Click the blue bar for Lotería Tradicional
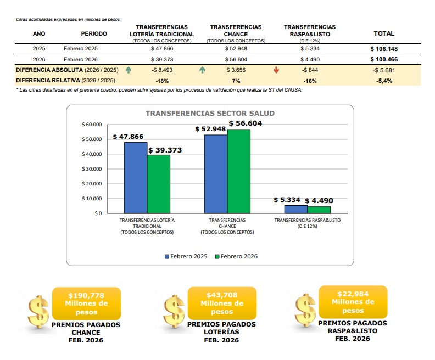tap(135, 177)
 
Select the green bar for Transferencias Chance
tap(238, 171)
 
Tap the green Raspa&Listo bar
tap(319, 209)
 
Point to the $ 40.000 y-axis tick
tap(92, 154)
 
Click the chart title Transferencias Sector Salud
tap(210, 114)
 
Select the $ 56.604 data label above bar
tap(245, 123)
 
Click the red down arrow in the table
tap(276, 70)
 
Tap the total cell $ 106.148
tap(384, 49)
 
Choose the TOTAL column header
tap(384, 33)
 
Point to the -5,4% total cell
tap(384, 81)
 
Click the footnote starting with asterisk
tap(159, 90)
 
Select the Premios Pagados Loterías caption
tap(221, 332)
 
